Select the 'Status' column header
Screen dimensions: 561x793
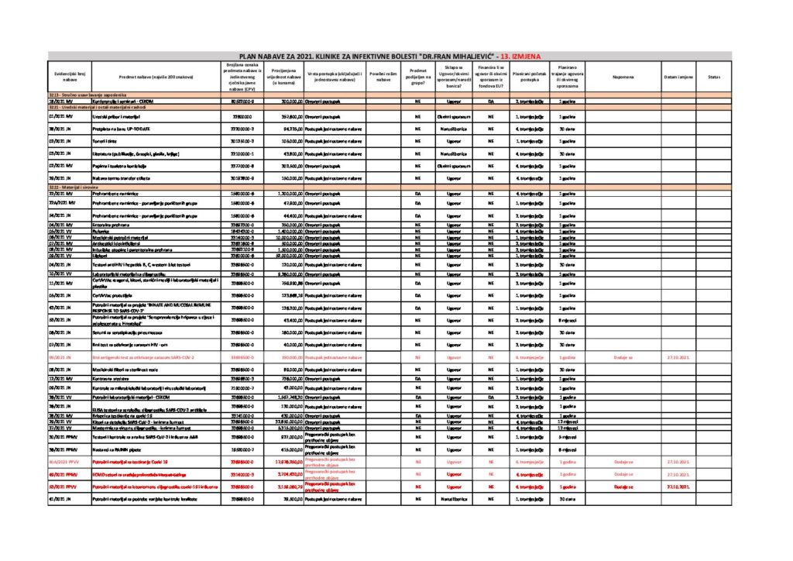click(713, 77)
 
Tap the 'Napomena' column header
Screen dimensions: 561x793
click(623, 77)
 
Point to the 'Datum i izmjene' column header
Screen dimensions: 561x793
click(678, 77)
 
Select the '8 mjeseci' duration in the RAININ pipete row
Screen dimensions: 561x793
click(568, 449)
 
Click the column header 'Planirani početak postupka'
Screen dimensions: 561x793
click(530, 77)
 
